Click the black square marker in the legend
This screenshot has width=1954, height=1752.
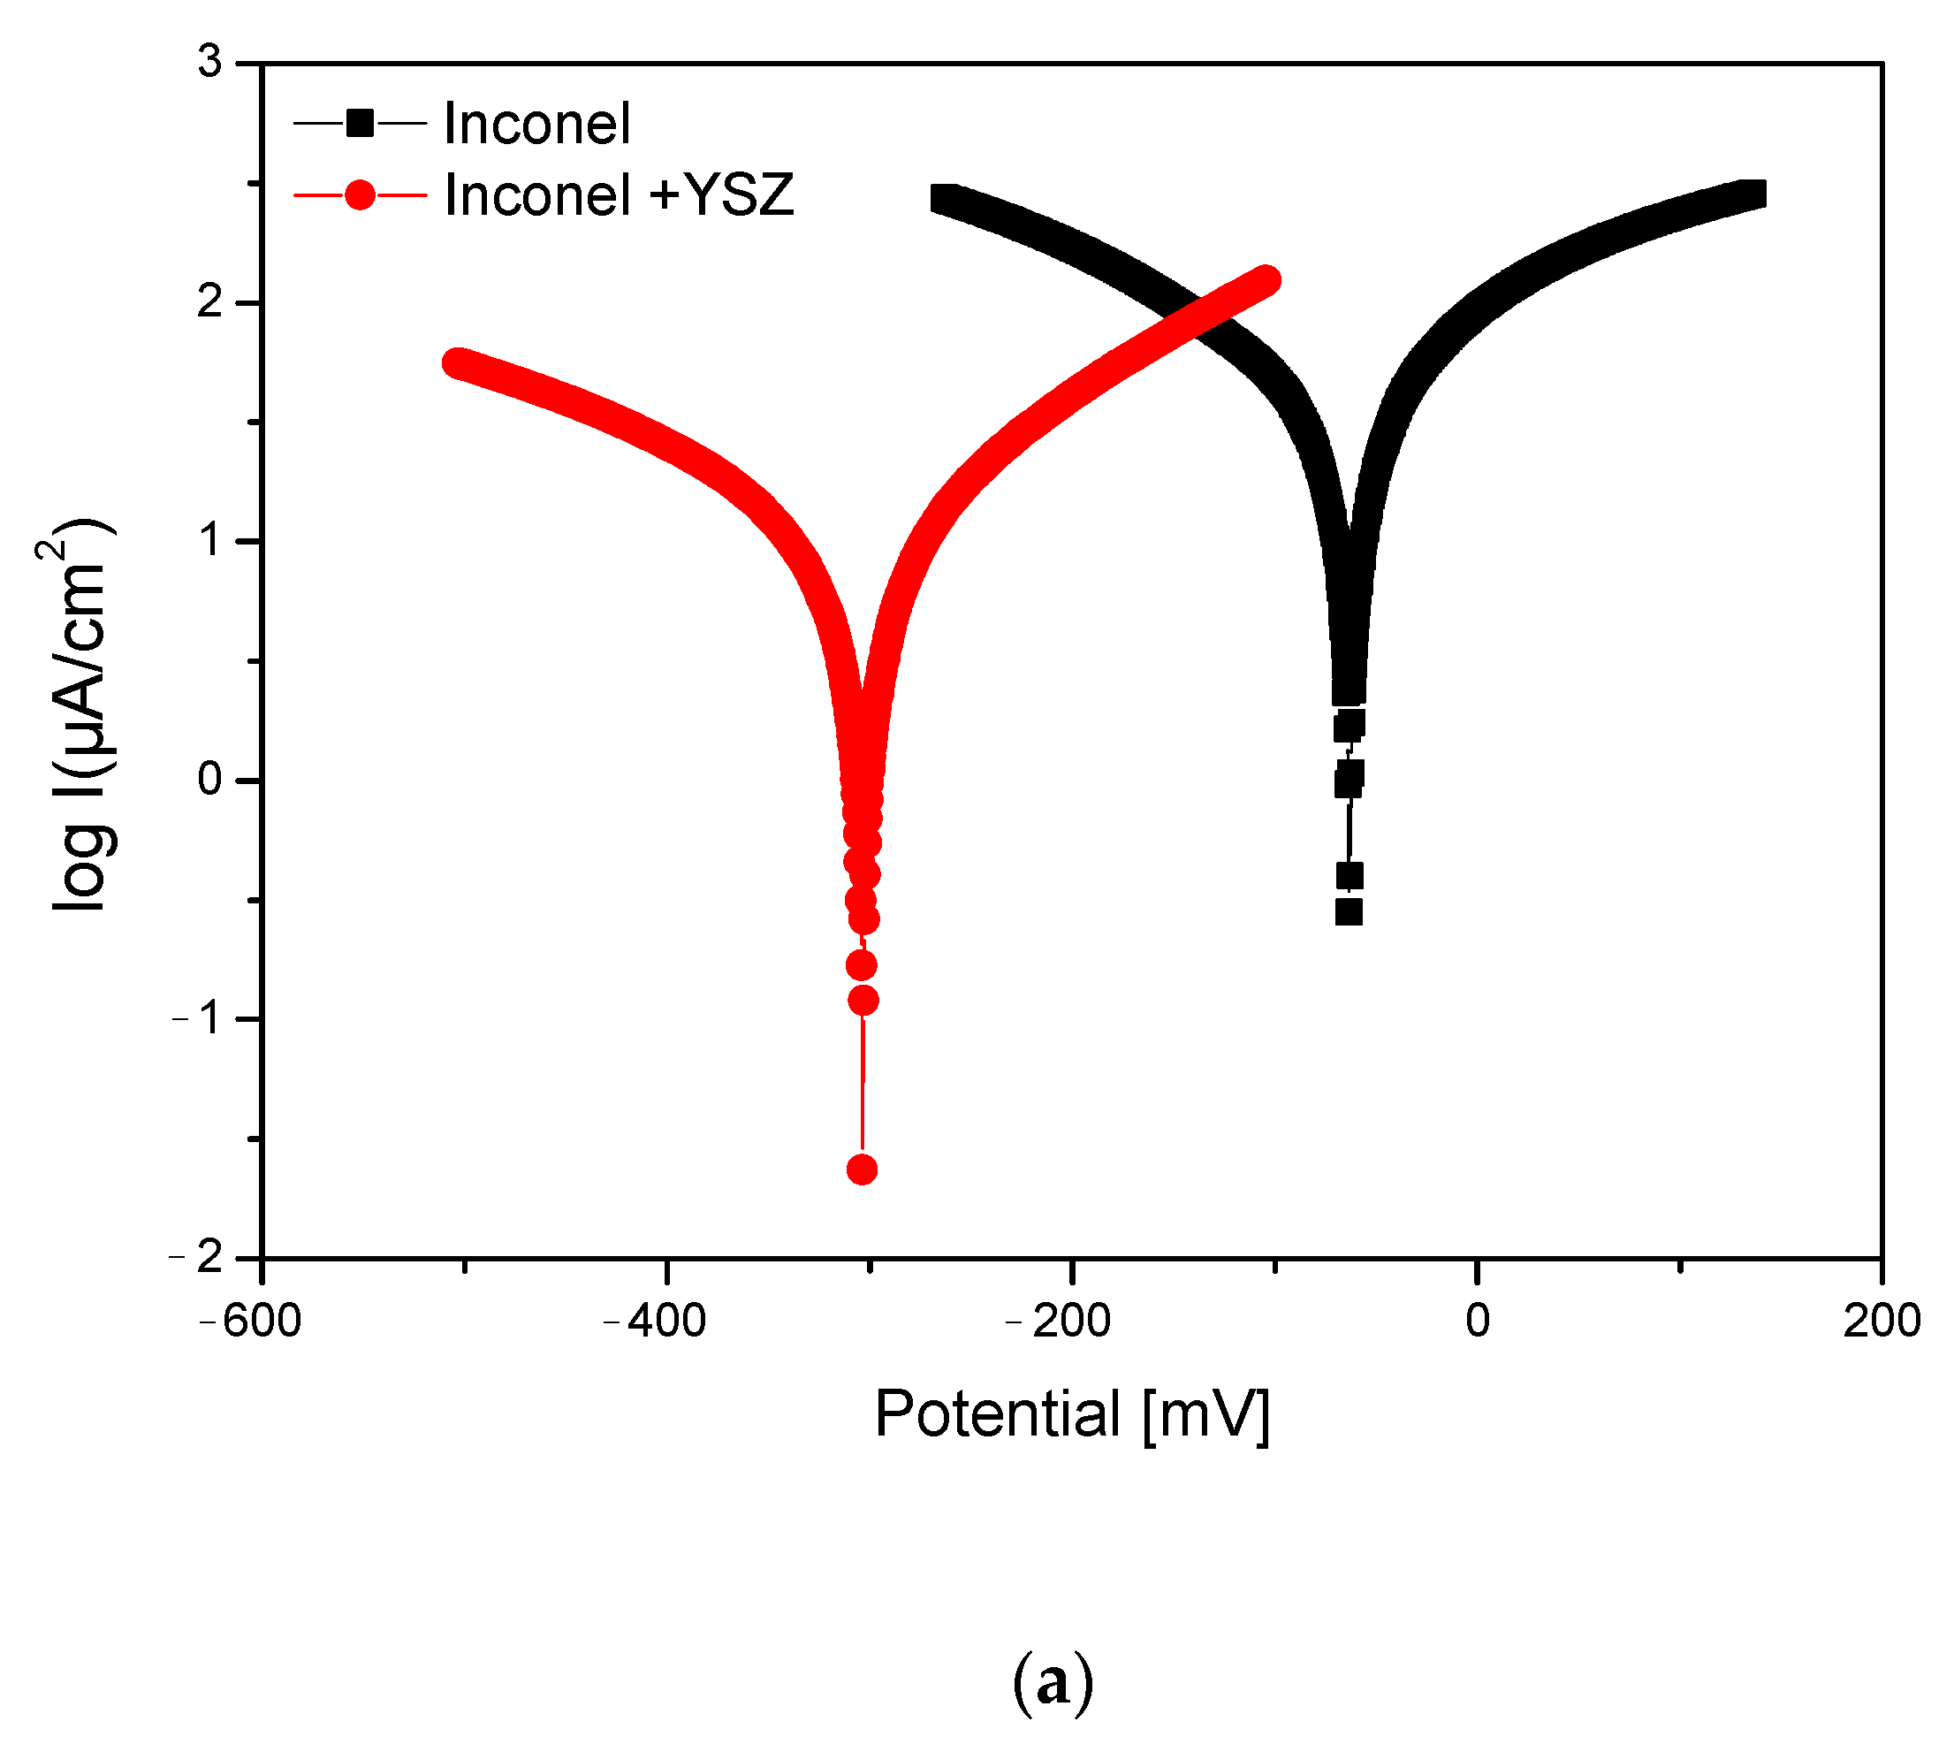[360, 123]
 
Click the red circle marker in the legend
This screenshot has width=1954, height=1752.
[360, 195]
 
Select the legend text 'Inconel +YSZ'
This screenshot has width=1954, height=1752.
[619, 195]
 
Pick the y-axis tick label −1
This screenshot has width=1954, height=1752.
[198, 1018]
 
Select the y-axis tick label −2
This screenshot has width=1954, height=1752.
[196, 1256]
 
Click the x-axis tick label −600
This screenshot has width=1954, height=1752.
[251, 1321]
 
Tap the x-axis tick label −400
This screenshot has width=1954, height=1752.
[656, 1321]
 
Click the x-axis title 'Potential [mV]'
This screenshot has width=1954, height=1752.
[1072, 1414]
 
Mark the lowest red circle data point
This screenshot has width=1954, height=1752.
[862, 1169]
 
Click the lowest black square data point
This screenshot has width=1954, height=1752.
[1349, 911]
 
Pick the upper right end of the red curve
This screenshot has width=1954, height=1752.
[1266, 280]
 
